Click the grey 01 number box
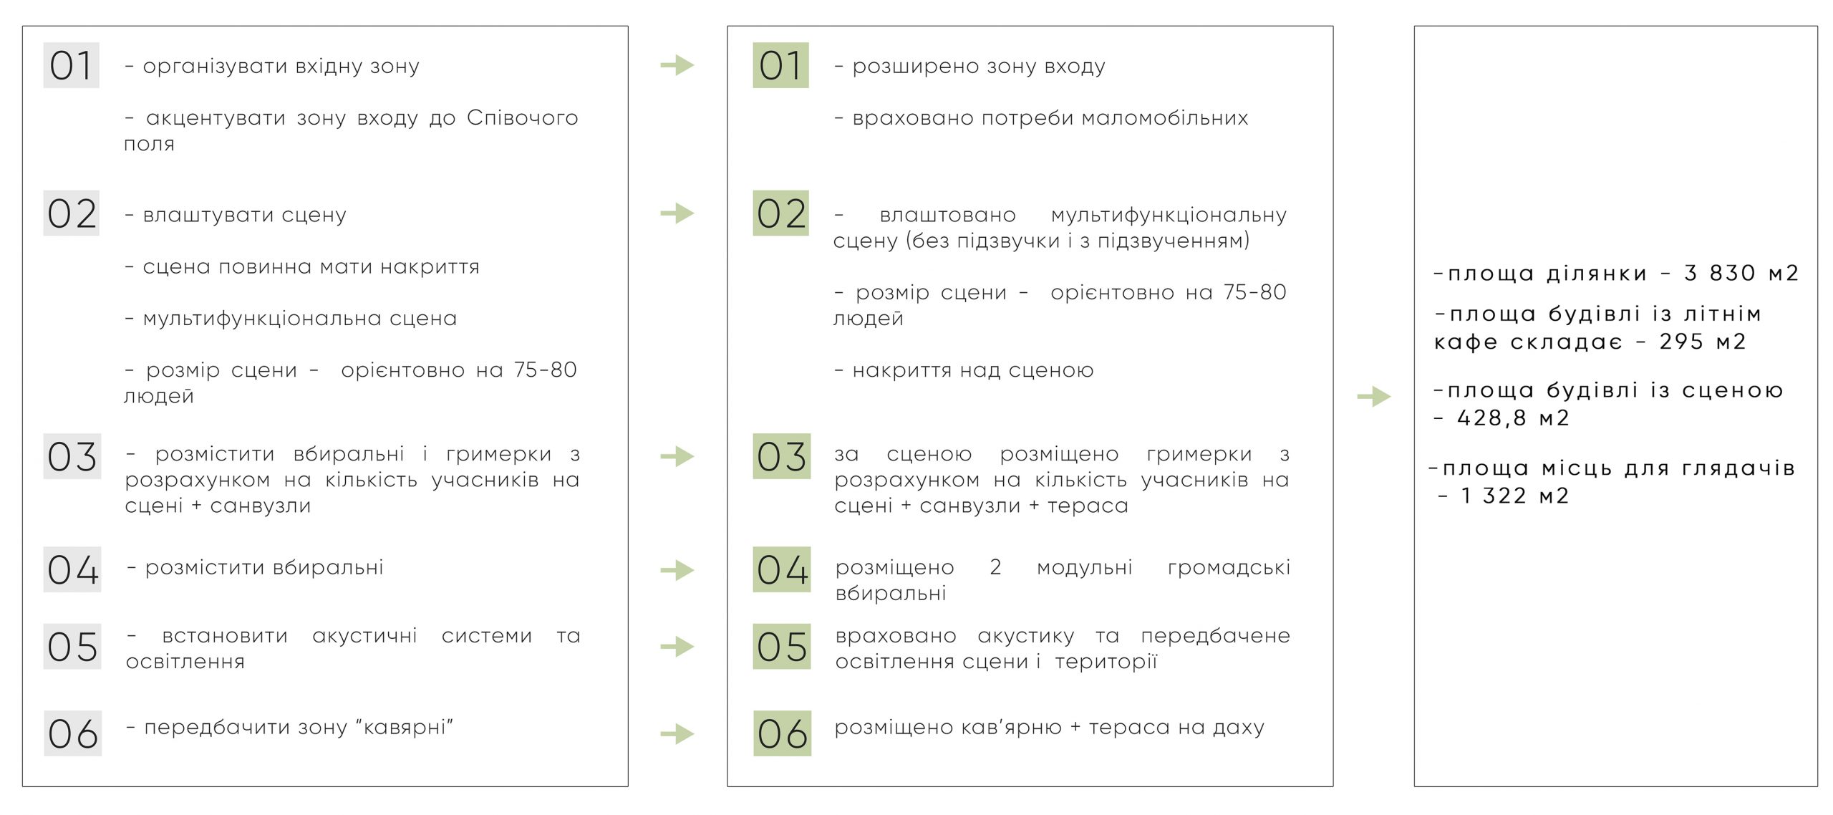click(71, 65)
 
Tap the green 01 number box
click(780, 65)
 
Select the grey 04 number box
click(72, 569)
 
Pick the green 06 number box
click(782, 733)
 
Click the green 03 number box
click(782, 456)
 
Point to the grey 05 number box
click(72, 647)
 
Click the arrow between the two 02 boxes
click(677, 213)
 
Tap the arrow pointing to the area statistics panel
click(1374, 396)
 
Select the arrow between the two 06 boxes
click(677, 733)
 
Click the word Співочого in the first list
click(522, 118)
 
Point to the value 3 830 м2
click(1741, 273)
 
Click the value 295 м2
click(1703, 342)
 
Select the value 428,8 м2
click(1513, 418)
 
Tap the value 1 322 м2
click(1514, 496)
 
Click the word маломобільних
click(1165, 118)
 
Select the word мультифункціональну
click(1169, 216)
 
